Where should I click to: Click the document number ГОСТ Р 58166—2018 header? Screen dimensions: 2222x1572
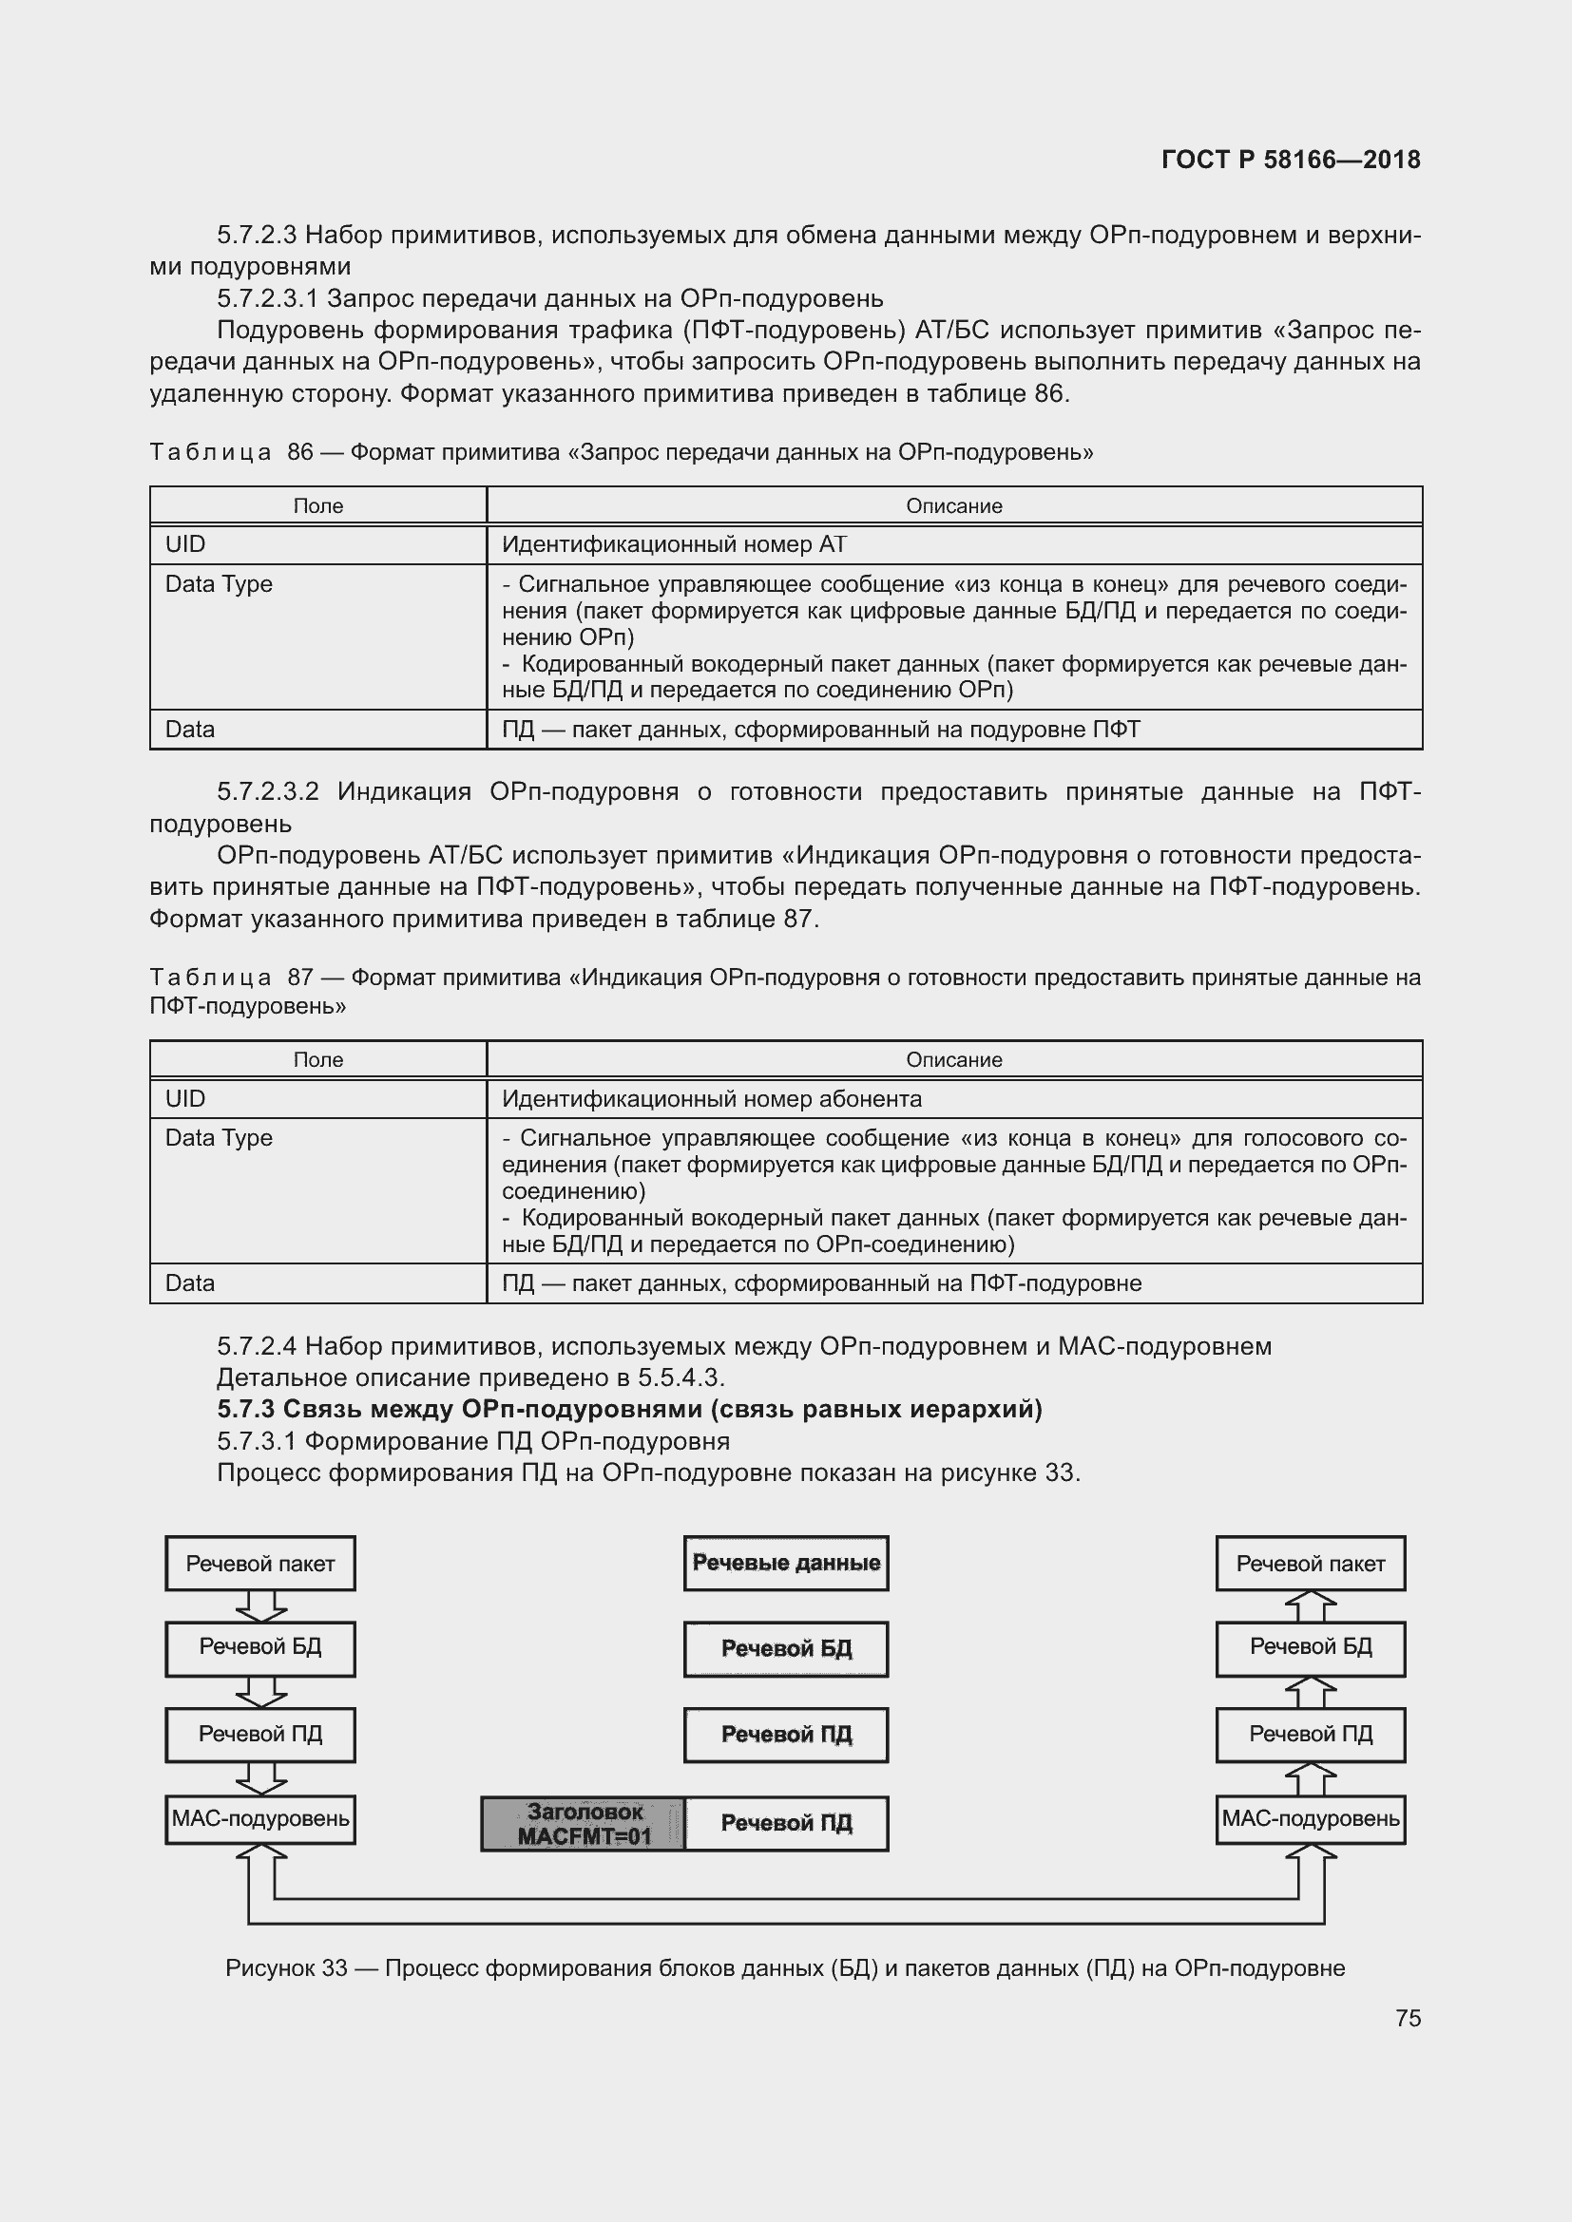click(1291, 160)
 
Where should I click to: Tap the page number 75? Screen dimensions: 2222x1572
click(1408, 2018)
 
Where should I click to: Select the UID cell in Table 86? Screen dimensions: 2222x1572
click(317, 545)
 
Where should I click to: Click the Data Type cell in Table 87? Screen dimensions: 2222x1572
click(317, 1190)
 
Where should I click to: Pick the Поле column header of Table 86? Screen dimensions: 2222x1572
click(317, 506)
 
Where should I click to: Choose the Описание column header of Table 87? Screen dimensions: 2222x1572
click(953, 1060)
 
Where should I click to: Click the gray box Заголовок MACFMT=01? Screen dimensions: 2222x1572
click(584, 1824)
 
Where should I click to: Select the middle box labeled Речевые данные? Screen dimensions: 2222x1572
click(786, 1563)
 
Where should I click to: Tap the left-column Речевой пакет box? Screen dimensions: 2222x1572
click(260, 1564)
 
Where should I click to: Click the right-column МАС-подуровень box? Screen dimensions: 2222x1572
click(1311, 1818)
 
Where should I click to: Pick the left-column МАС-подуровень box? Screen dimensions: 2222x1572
click(260, 1818)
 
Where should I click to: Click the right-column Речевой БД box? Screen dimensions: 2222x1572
click(1311, 1647)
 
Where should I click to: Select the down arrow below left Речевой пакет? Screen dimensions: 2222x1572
click(261, 1606)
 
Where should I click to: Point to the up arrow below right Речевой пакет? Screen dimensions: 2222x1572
click(1311, 1606)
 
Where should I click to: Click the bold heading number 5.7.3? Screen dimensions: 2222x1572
click(246, 1409)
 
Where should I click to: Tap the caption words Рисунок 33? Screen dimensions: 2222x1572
click(285, 1967)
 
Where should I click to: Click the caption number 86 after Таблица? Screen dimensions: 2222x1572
click(300, 452)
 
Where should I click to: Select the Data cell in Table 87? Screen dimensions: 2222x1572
click(317, 1283)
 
